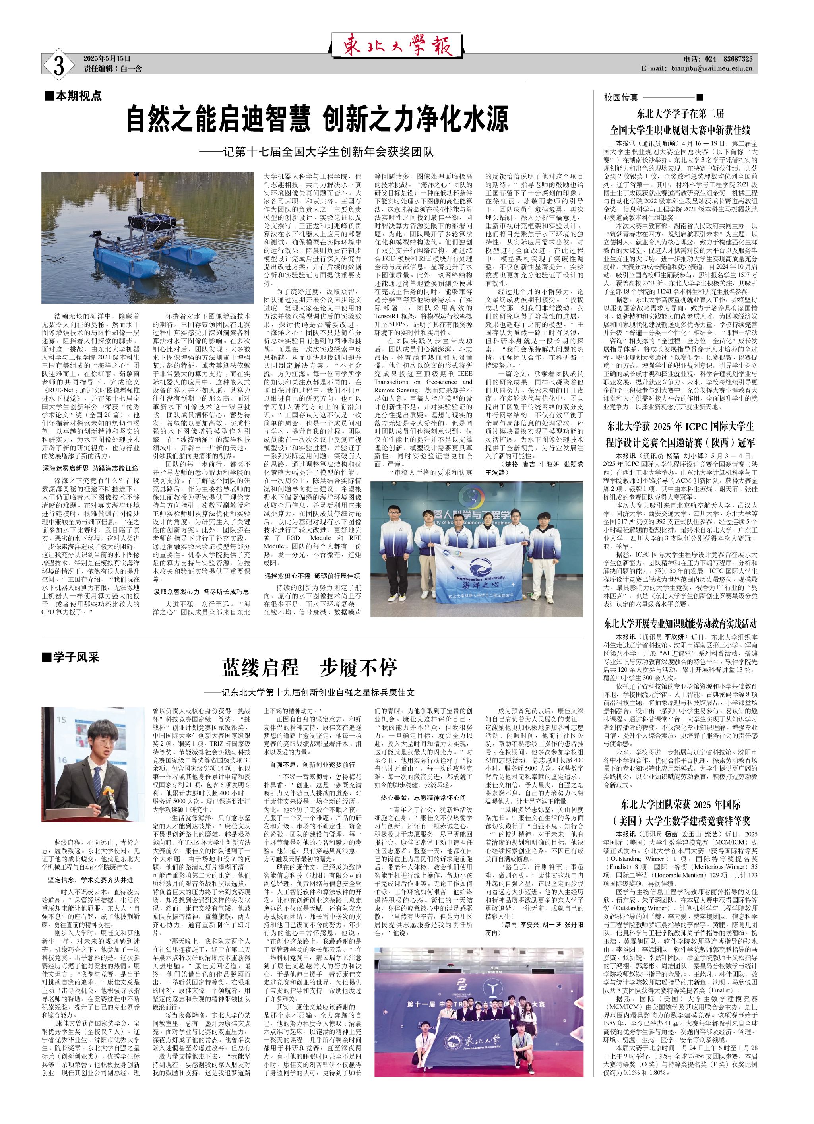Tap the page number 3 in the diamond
click(x=59, y=65)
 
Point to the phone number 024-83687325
click(x=718, y=59)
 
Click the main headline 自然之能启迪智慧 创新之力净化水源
click(x=318, y=119)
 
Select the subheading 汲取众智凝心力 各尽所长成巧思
click(x=201, y=591)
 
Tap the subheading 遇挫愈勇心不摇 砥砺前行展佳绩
click(x=312, y=576)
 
